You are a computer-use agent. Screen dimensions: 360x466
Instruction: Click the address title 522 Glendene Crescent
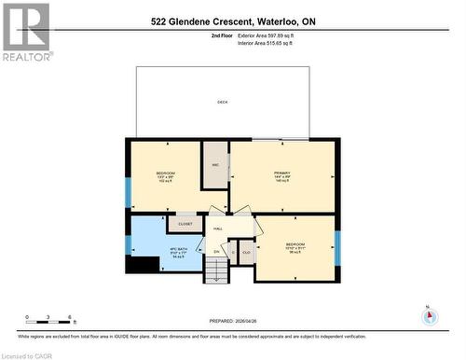tap(232, 20)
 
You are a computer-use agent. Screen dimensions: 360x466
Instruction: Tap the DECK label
tap(222, 102)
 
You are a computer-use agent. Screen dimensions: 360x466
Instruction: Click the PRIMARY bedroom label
tap(281, 173)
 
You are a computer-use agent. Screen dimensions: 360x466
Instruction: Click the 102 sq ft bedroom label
tap(165, 177)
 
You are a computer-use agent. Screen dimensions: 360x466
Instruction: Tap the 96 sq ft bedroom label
tap(295, 248)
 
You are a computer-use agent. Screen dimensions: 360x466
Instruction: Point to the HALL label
tap(218, 228)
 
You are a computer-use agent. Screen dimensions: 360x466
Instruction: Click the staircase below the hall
tap(216, 271)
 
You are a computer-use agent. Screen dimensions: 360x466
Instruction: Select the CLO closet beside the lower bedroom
tap(246, 251)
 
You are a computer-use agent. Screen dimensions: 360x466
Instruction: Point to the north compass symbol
tap(430, 315)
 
